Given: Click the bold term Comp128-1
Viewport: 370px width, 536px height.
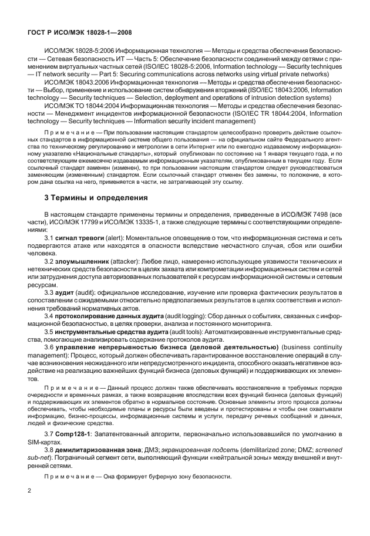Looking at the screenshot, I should click(x=75, y=433).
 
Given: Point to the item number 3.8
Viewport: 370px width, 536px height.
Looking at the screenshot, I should click(x=51, y=449).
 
